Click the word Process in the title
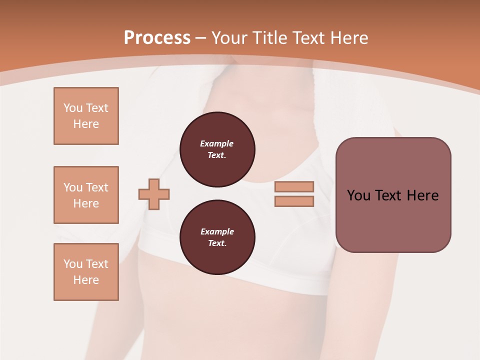click(157, 38)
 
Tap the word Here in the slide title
click(349, 38)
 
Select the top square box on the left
click(86, 116)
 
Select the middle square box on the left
click(86, 195)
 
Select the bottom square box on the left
click(86, 272)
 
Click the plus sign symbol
click(154, 194)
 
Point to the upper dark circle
click(217, 149)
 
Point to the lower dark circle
click(217, 237)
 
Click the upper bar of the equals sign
click(294, 186)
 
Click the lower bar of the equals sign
click(294, 201)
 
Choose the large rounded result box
click(393, 195)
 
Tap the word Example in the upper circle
click(217, 143)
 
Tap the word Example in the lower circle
click(217, 231)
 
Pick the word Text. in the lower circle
click(217, 243)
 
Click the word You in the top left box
click(72, 108)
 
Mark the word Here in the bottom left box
click(86, 280)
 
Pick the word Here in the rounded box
click(422, 195)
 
